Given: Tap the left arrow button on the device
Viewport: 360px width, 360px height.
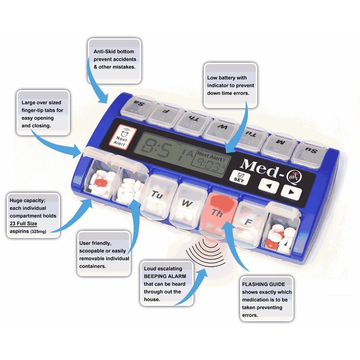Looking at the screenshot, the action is [268, 185].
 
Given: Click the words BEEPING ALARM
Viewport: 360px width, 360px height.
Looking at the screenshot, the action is [165, 276].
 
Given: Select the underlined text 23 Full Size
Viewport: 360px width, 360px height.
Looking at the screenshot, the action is [23, 223].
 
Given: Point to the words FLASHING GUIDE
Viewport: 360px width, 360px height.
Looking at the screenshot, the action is [263, 284].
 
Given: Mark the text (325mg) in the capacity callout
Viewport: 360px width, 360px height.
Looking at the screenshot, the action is [38, 231].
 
